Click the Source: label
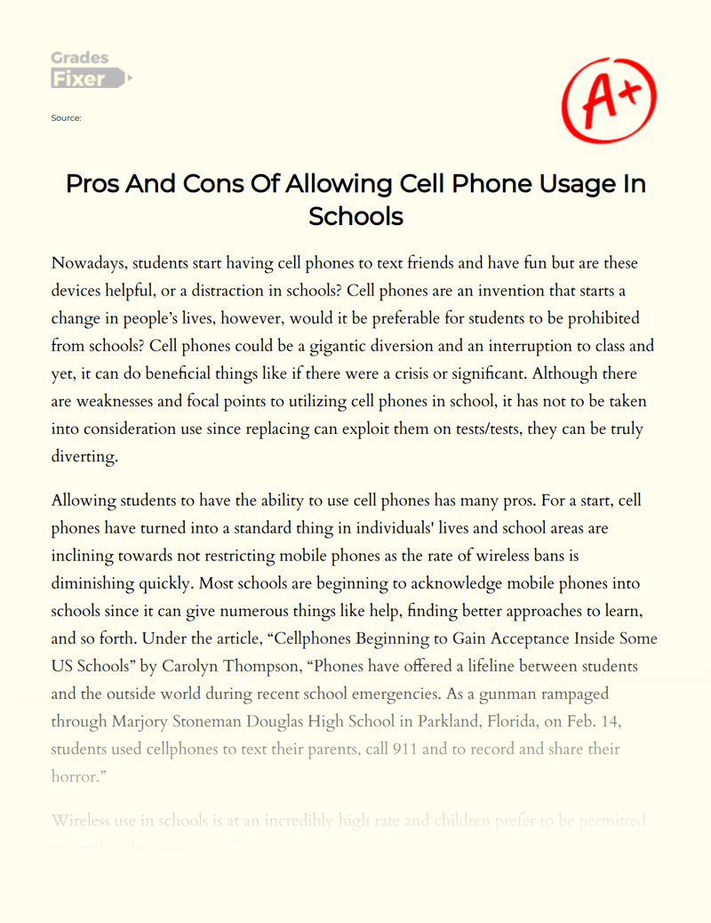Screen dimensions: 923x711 click(x=68, y=117)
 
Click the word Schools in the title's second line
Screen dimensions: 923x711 click(x=355, y=216)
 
